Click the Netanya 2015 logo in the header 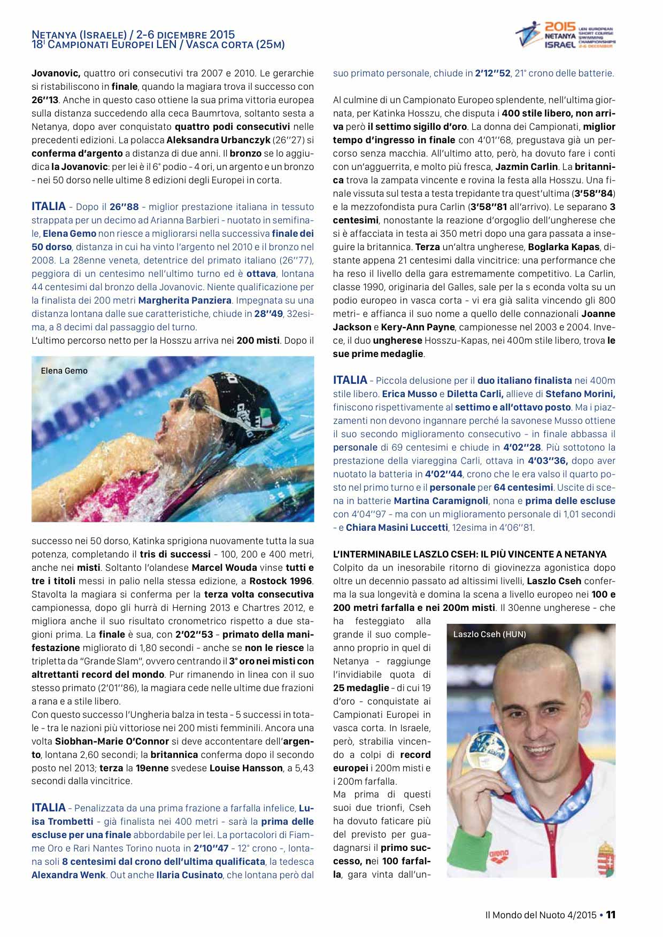pyautogui.click(x=565, y=35)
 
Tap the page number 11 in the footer pyautogui.click(x=611, y=915)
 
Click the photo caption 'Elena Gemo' pyautogui.click(x=64, y=370)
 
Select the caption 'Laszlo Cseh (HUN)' pyautogui.click(x=489, y=634)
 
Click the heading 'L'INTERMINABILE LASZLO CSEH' pyautogui.click(x=470, y=554)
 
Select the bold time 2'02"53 pyautogui.click(x=194, y=634)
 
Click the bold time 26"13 pyautogui.click(x=45, y=100)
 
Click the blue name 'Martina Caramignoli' pyautogui.click(x=441, y=501)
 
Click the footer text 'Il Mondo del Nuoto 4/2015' pyautogui.click(x=540, y=915)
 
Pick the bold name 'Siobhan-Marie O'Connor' pyautogui.click(x=112, y=741)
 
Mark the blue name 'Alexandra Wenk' pyautogui.click(x=68, y=875)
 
